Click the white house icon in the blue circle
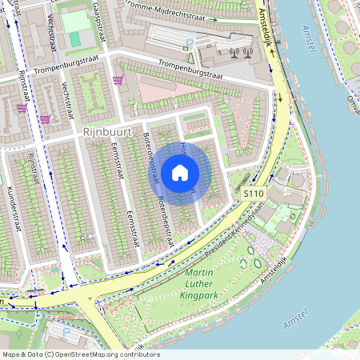click(x=180, y=172)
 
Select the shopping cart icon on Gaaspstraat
click(x=118, y=81)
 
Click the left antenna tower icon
click(x=234, y=54)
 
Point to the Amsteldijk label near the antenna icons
click(x=265, y=25)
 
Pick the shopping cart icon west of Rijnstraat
click(x=21, y=107)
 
